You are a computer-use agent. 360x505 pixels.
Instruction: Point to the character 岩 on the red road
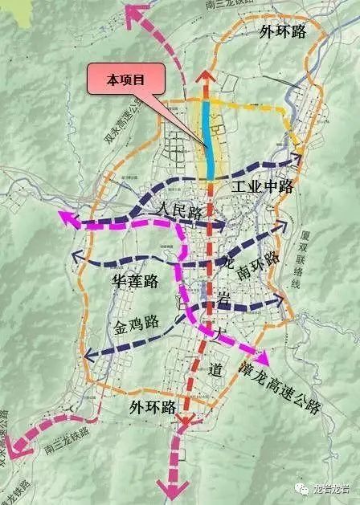click(x=224, y=299)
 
